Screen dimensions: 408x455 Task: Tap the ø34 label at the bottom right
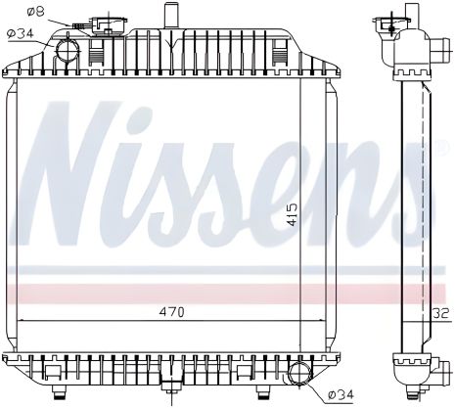(339, 393)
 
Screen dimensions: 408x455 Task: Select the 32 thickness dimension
(441, 314)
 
